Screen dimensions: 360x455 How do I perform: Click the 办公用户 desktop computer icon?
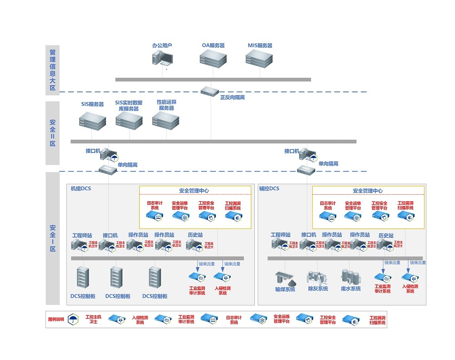[x=162, y=58]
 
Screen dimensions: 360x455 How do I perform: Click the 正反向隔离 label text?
[x=232, y=97]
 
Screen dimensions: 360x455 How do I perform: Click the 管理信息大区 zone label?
[x=52, y=70]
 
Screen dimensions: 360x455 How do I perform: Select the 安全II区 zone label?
[x=52, y=133]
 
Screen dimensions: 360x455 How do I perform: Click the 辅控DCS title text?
[x=269, y=188]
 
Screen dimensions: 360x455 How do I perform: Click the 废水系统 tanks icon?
[x=350, y=276]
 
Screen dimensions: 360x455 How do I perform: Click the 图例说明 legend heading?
[x=56, y=319]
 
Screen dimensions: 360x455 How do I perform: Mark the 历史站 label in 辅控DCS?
[x=386, y=235]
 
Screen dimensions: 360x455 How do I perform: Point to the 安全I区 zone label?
[x=52, y=238]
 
